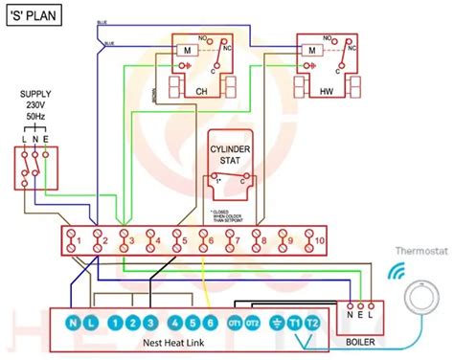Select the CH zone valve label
pyautogui.click(x=200, y=91)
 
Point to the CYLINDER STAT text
pyautogui.click(x=230, y=154)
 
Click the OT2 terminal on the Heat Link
pyautogui.click(x=253, y=323)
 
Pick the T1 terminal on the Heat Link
pyautogui.click(x=294, y=323)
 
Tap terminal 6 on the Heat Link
pyautogui.click(x=211, y=323)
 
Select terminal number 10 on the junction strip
pyautogui.click(x=319, y=239)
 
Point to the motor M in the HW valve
pyautogui.click(x=312, y=50)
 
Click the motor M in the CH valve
pyautogui.click(x=188, y=50)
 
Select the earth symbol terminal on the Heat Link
pyautogui.click(x=276, y=323)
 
